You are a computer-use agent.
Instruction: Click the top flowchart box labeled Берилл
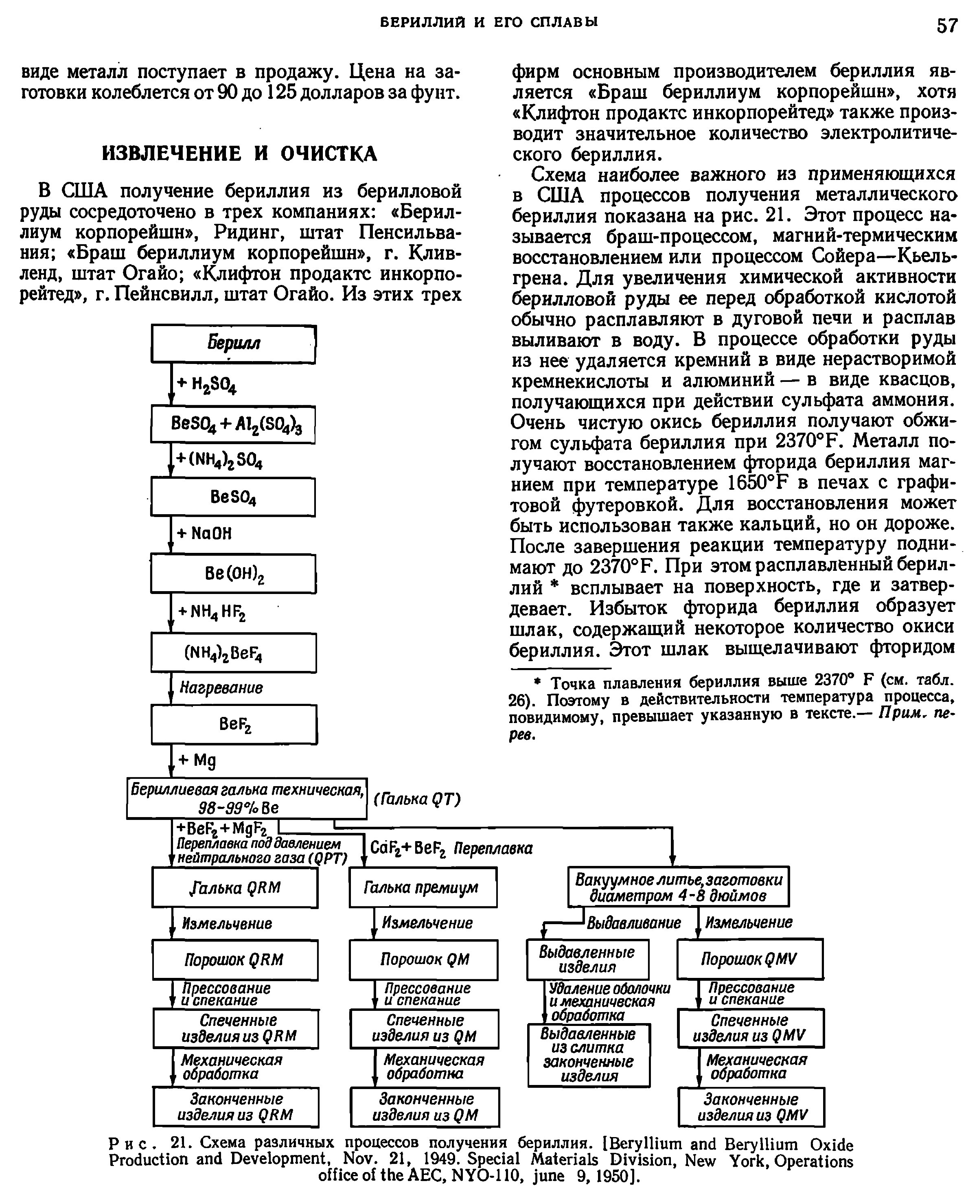click(x=234, y=343)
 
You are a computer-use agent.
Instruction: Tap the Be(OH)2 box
click(x=234, y=574)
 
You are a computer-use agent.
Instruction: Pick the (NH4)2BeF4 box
click(x=234, y=653)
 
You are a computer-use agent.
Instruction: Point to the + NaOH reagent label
click(x=204, y=533)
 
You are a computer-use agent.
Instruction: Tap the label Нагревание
click(x=221, y=688)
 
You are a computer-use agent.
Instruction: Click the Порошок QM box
click(x=423, y=960)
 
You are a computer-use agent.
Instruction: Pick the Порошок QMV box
click(x=749, y=959)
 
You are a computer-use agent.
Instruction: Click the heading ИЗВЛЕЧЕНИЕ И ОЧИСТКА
click(x=239, y=153)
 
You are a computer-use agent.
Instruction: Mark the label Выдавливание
click(x=634, y=923)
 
